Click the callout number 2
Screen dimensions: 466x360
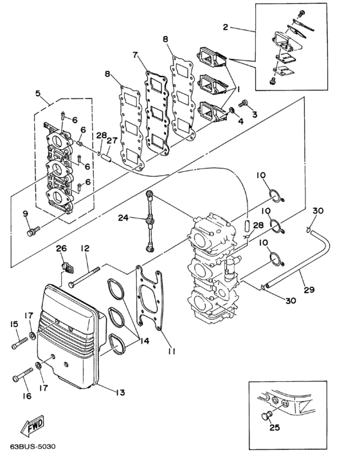[x=226, y=27]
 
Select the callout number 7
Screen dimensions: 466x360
[x=136, y=55]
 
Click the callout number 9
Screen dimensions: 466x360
[x=25, y=213]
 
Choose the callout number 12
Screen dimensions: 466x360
[x=84, y=248]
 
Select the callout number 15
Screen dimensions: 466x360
[x=13, y=325]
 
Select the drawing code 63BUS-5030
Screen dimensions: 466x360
[x=30, y=444]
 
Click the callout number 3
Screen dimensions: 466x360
[x=254, y=113]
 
